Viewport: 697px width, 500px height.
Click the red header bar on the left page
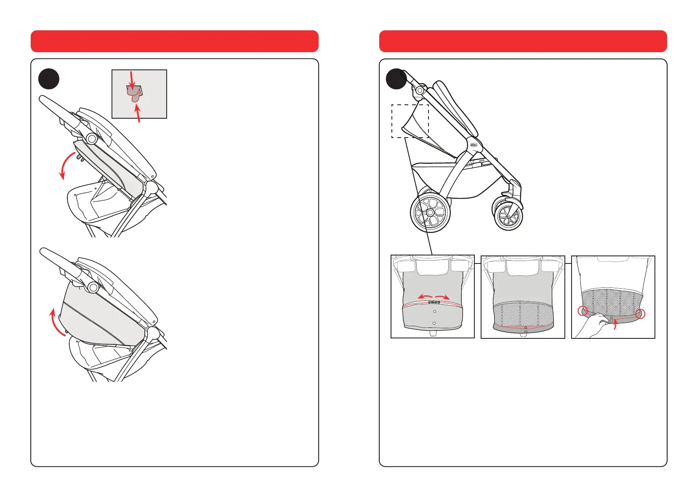click(x=174, y=41)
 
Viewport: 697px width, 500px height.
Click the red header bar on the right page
click(x=523, y=41)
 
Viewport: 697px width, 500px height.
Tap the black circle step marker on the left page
click(x=49, y=79)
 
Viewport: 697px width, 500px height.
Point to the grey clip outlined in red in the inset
click(x=134, y=94)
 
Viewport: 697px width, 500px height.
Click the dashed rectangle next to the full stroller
click(x=410, y=121)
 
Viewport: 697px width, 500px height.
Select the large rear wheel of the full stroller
click(x=430, y=213)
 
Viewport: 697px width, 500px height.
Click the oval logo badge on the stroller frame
click(x=474, y=144)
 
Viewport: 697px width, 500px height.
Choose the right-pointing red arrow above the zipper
click(x=442, y=296)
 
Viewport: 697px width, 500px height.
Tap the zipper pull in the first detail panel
click(x=434, y=302)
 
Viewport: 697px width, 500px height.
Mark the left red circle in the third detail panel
click(x=583, y=311)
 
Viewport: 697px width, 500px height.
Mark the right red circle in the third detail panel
click(x=640, y=314)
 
